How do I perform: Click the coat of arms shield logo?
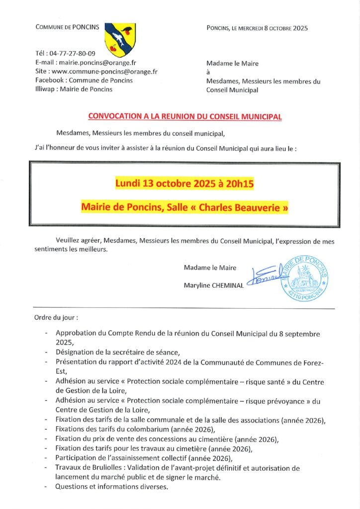pyautogui.click(x=120, y=39)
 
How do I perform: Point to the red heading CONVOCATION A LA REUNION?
pyautogui.click(x=184, y=116)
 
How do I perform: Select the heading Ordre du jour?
pyautogui.click(x=56, y=317)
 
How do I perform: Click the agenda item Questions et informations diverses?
pyautogui.click(x=112, y=487)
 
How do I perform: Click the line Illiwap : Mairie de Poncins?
pyautogui.click(x=74, y=89)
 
